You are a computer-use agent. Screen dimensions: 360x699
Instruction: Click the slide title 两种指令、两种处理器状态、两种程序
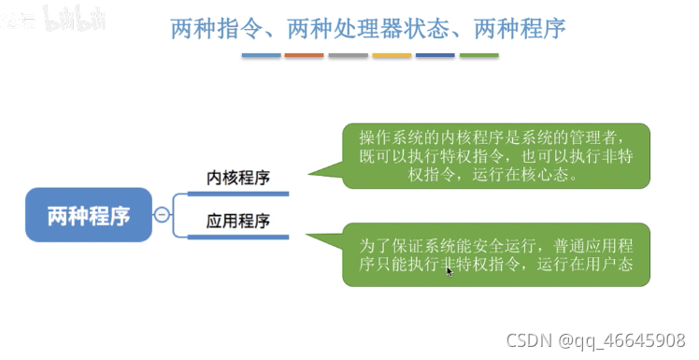pyautogui.click(x=368, y=28)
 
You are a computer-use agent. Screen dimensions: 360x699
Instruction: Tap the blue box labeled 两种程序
pyautogui.click(x=89, y=215)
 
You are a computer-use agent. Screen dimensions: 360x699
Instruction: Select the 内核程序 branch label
pyautogui.click(x=238, y=177)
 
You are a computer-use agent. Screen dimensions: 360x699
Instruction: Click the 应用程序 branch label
pyautogui.click(x=238, y=222)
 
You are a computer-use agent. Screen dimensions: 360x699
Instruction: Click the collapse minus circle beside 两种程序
pyautogui.click(x=162, y=215)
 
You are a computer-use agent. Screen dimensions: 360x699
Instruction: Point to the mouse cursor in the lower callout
pyautogui.click(x=449, y=270)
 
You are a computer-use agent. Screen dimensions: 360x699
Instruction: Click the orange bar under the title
pyautogui.click(x=304, y=56)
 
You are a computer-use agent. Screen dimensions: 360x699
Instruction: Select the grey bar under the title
pyautogui.click(x=348, y=56)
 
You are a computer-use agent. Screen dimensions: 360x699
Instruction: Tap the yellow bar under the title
pyautogui.click(x=392, y=56)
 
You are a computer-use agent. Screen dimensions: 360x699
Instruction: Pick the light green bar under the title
pyautogui.click(x=478, y=56)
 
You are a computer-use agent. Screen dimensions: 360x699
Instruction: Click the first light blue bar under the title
pyautogui.click(x=261, y=56)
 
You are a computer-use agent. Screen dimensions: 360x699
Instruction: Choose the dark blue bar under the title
pyautogui.click(x=435, y=56)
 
